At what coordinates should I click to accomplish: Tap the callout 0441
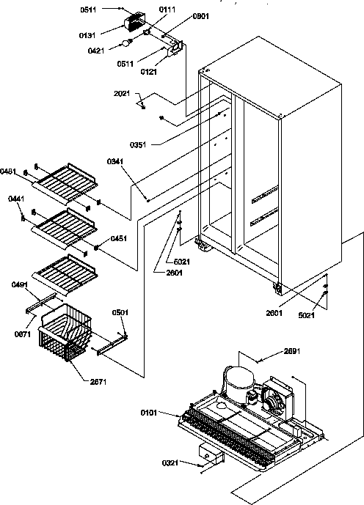[x=15, y=199]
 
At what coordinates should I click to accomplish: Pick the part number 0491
[x=19, y=284]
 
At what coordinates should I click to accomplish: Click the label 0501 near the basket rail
[x=120, y=313]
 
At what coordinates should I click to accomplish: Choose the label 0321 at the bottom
[x=170, y=462]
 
